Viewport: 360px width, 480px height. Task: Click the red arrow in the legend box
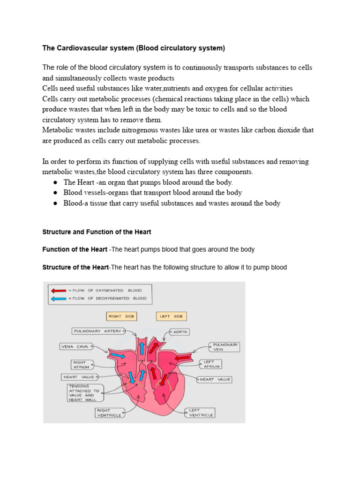[x=58, y=290]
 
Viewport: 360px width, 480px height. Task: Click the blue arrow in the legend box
[x=58, y=298]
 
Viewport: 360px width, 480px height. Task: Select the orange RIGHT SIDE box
[x=121, y=316]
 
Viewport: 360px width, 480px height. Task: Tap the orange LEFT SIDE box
[x=172, y=316]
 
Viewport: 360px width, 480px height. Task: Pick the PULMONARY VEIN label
[x=225, y=347]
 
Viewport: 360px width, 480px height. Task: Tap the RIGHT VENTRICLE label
[x=109, y=412]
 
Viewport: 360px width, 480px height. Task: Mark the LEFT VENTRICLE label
[x=202, y=412]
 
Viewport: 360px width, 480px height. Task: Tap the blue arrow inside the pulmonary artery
[x=141, y=349]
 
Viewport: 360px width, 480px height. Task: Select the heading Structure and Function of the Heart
[x=97, y=232]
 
